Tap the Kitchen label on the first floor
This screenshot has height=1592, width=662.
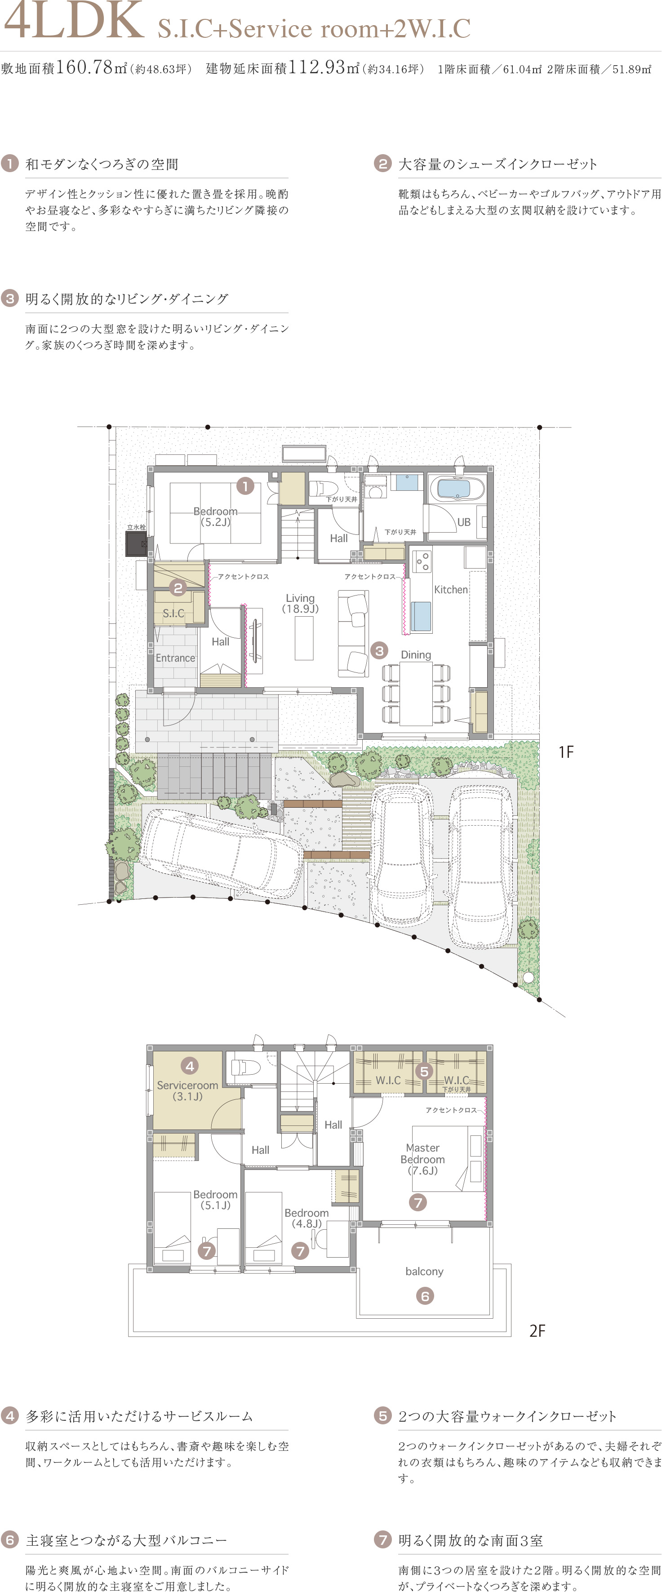451,590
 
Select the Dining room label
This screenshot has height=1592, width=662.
416,654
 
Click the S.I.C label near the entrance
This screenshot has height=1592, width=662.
173,613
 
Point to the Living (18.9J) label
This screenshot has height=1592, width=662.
300,603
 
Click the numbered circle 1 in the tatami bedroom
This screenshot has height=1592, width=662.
245,486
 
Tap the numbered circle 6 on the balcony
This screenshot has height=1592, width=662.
425,1296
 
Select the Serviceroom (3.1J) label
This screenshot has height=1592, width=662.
187,1091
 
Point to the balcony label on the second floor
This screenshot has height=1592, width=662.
425,1271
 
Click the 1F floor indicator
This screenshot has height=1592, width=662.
566,752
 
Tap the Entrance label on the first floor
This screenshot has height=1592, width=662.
176,658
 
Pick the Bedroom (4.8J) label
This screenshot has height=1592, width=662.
307,1218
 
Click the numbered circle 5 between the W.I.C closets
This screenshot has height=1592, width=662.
424,1071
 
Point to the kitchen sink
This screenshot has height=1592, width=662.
421,616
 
